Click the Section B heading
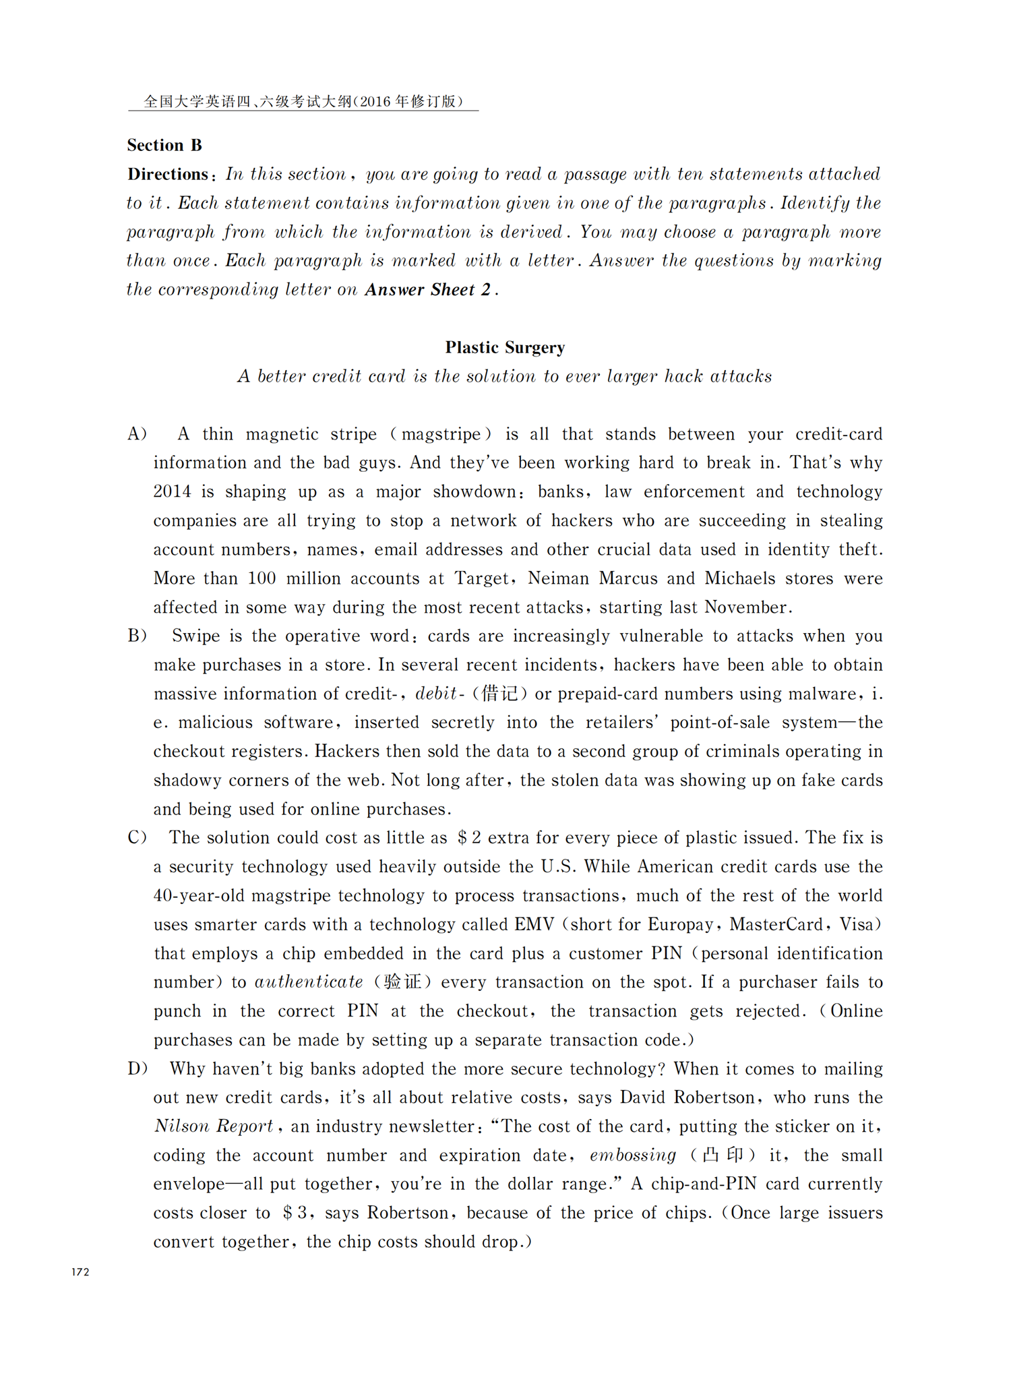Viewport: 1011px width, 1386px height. pos(164,146)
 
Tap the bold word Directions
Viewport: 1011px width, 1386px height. pos(168,175)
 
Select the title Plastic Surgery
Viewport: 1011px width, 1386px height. pos(505,348)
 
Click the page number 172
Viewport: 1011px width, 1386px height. pos(80,1272)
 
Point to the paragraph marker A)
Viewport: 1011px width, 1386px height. pos(137,434)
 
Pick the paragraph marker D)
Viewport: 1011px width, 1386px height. pos(137,1069)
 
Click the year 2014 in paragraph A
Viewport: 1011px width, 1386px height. pos(173,492)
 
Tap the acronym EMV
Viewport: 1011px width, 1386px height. pos(534,925)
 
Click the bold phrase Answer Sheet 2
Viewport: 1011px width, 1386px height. pos(427,291)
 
